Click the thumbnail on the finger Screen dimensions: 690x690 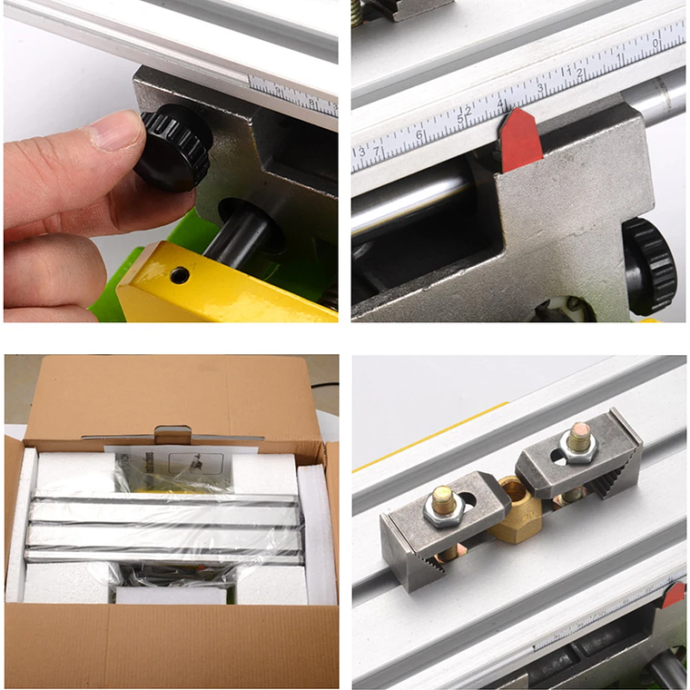point(116,132)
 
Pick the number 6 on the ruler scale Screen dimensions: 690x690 point(419,136)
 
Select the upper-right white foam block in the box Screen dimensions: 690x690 point(264,473)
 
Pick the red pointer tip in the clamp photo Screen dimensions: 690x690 point(673,596)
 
